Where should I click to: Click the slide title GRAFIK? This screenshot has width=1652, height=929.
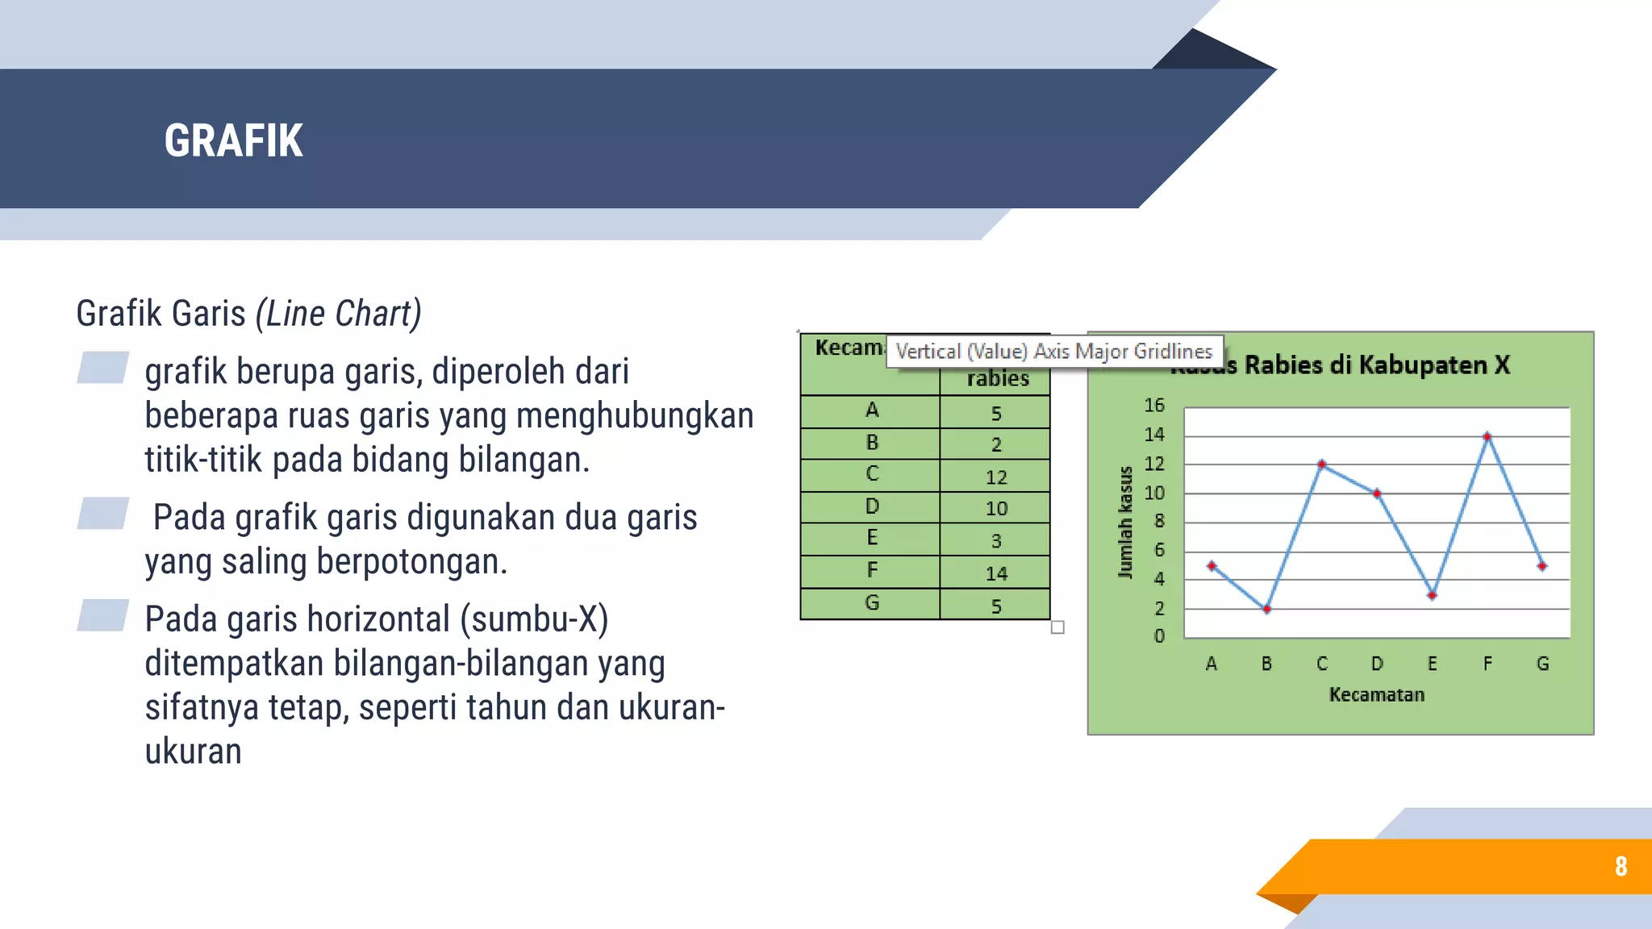click(x=233, y=140)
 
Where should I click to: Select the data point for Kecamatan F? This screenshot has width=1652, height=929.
click(x=1487, y=436)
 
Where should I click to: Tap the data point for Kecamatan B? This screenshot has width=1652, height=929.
click(x=1266, y=609)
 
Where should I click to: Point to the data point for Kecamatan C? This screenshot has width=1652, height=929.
click(x=1321, y=464)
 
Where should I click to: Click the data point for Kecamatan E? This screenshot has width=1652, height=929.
click(x=1432, y=595)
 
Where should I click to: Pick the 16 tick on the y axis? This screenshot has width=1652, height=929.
click(x=1154, y=405)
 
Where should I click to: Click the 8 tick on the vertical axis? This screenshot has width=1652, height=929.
click(x=1159, y=521)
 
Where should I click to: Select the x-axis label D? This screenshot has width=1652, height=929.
click(x=1377, y=664)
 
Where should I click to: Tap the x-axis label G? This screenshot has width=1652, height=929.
click(x=1542, y=664)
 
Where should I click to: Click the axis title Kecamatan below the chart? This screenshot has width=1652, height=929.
click(x=1377, y=694)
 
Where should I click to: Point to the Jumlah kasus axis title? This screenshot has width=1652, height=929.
click(x=1125, y=522)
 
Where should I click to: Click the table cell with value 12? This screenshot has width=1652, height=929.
click(x=996, y=477)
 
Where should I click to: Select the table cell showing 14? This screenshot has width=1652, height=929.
click(x=996, y=573)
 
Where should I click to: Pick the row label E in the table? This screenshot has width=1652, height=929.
click(x=872, y=538)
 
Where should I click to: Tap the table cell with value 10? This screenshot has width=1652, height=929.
click(x=996, y=509)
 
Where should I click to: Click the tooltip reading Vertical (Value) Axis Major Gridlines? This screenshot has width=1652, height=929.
click(x=1053, y=352)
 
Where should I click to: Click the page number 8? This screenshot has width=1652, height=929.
click(x=1621, y=866)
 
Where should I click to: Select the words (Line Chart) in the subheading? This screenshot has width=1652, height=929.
click(x=338, y=314)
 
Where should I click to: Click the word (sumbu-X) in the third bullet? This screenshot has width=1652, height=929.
click(x=534, y=619)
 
